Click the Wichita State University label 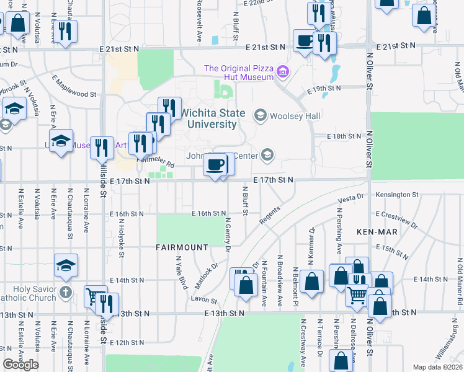(208, 118)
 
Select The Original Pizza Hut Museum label (239, 73)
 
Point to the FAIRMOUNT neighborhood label (182, 247)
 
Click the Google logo (21, 365)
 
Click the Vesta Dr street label (350, 200)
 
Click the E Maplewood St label (74, 95)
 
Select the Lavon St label (205, 300)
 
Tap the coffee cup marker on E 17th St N (215, 166)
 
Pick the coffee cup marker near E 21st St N (304, 42)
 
